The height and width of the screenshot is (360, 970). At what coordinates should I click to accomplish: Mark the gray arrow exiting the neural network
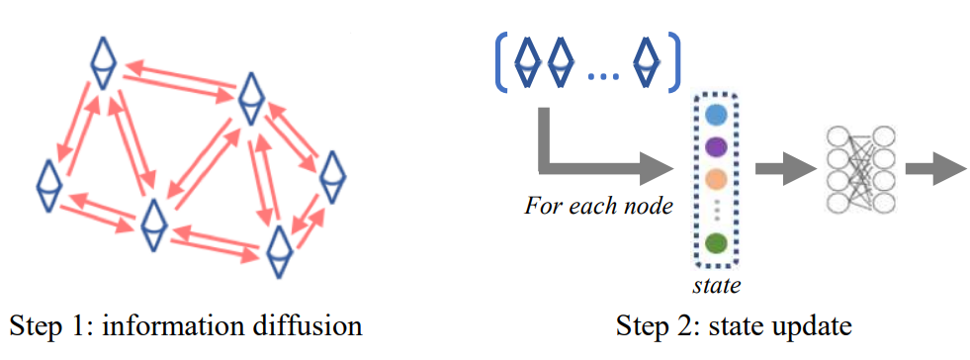[x=934, y=169]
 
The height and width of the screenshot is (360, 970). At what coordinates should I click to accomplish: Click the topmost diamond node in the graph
[x=104, y=60]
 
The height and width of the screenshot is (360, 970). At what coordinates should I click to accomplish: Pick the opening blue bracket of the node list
[x=501, y=60]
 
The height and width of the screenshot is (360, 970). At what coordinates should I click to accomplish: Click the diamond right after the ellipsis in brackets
[x=647, y=60]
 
